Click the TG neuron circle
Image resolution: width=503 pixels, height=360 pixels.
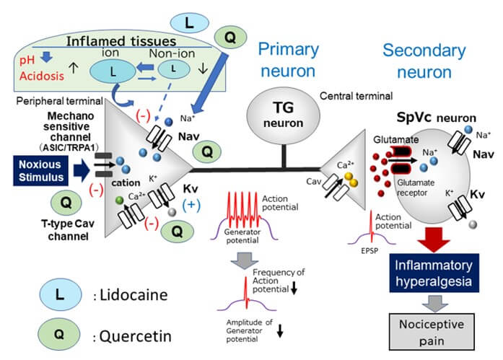tap(281, 114)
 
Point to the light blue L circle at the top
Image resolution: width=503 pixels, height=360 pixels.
tap(188, 22)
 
